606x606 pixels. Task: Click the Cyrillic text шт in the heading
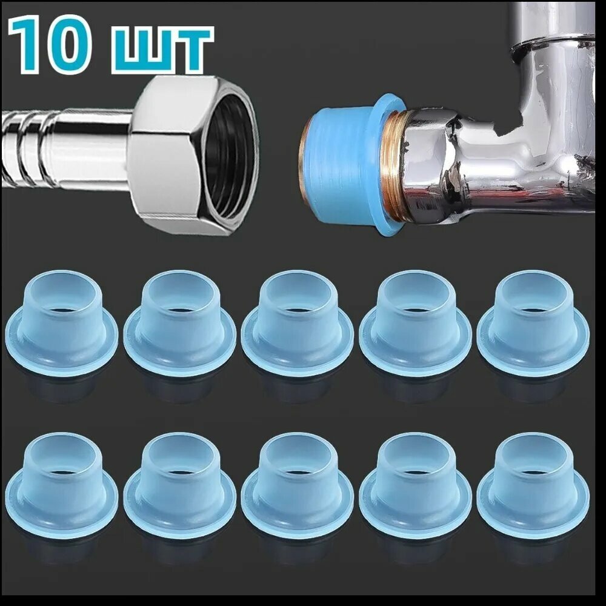pyautogui.click(x=162, y=50)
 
